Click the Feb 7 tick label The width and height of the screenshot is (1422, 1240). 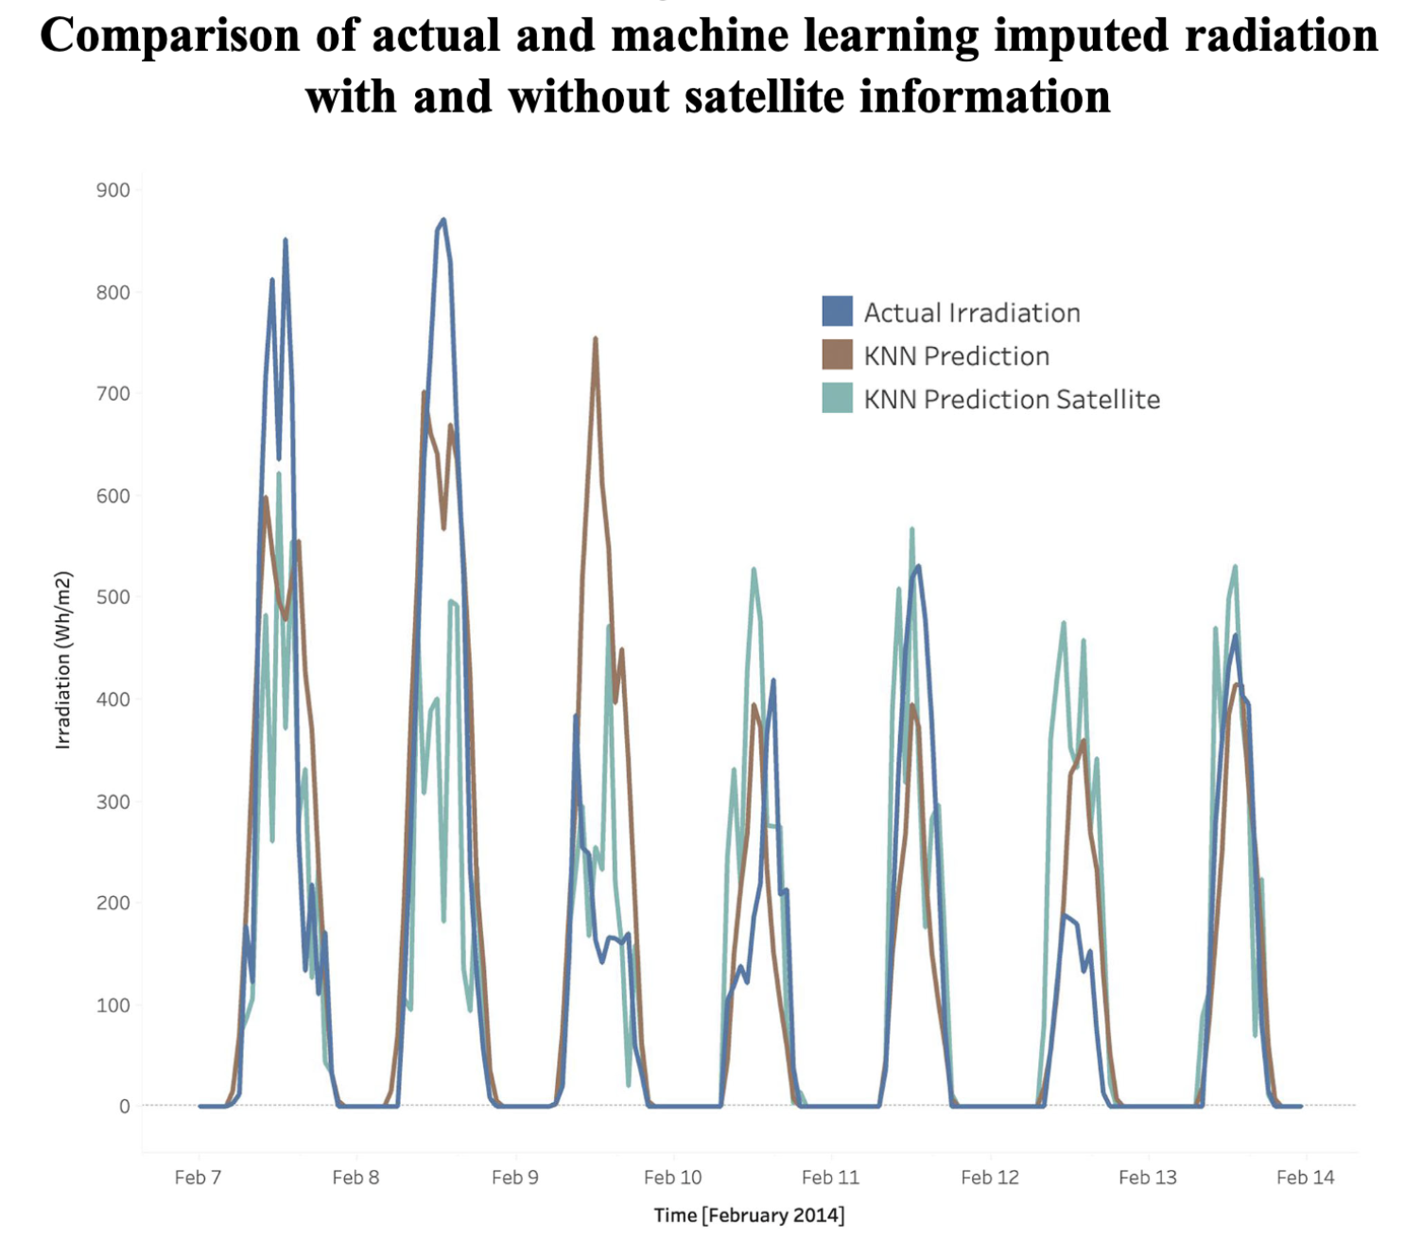pos(198,1177)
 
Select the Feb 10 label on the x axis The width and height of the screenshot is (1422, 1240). pos(672,1177)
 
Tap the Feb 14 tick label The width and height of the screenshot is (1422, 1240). pos(1305,1177)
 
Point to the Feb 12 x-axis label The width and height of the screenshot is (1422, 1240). pos(989,1177)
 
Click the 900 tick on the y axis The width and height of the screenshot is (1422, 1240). pos(113,190)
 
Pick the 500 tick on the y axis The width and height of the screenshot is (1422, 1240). pos(113,597)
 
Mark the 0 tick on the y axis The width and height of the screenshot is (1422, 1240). pos(124,1106)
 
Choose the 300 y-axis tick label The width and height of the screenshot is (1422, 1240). pos(113,801)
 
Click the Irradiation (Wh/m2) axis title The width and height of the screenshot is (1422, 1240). pos(63,660)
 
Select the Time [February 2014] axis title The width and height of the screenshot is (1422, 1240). pos(749,1214)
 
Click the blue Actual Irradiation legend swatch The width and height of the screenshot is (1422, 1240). pos(837,311)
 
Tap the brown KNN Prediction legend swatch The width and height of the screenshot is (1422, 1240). pos(837,354)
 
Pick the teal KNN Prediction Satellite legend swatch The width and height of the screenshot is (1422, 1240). pos(837,398)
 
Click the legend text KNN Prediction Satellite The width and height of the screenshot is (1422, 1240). pos(1012,400)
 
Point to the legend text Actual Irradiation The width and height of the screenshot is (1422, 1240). pos(971,313)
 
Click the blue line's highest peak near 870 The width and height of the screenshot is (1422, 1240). pos(443,220)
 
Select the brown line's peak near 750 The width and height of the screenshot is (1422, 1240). pos(595,338)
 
